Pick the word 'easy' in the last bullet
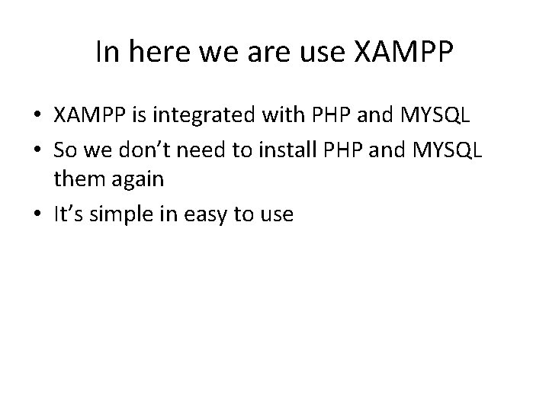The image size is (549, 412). pyautogui.click(x=209, y=214)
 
